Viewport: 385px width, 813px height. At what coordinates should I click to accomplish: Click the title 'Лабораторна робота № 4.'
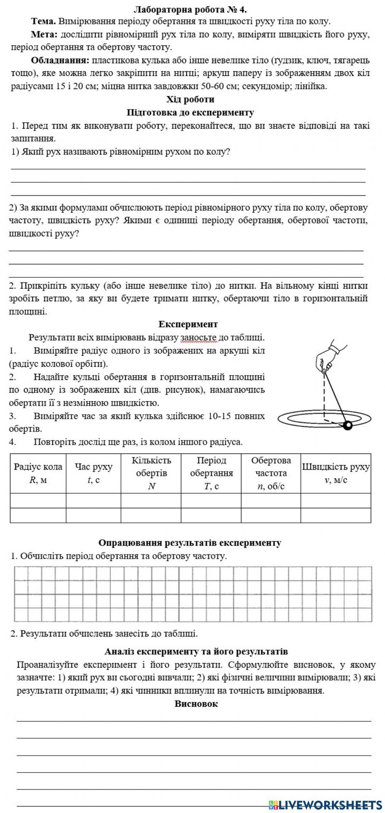tap(190, 9)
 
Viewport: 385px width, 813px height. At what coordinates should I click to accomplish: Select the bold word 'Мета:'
tap(44, 35)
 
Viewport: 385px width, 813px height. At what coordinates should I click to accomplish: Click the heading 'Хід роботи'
tap(190, 99)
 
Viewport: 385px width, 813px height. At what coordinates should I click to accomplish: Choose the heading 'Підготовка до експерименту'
tap(190, 113)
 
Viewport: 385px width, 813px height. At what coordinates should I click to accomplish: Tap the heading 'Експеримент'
tap(188, 324)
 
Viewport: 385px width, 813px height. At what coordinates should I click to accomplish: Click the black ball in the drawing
tap(348, 425)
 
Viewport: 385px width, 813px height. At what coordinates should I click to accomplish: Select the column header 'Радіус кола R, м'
tap(38, 473)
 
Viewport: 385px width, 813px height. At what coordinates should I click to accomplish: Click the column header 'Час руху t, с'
tap(94, 473)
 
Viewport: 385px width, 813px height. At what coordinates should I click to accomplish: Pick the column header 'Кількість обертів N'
tap(151, 473)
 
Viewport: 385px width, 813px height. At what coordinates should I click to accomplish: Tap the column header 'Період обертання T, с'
tap(211, 473)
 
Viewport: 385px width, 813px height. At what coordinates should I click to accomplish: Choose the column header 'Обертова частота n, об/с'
tap(271, 473)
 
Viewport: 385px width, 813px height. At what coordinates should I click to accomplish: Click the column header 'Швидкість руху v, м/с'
tap(335, 473)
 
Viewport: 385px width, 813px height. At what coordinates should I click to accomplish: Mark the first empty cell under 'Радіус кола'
tap(38, 501)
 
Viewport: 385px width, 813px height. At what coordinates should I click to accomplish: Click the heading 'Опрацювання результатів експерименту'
tap(190, 543)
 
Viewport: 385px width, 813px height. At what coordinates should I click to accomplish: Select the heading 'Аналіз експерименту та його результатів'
tap(196, 652)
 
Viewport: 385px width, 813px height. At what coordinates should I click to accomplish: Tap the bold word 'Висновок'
tap(196, 704)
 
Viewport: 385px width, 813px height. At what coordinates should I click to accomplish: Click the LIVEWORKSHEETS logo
tap(325, 804)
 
